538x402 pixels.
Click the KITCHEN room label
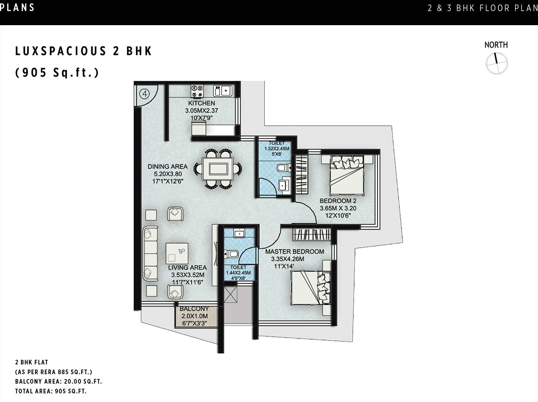pyautogui.click(x=201, y=103)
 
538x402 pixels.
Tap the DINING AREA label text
pyautogui.click(x=167, y=167)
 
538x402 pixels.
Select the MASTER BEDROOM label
pyautogui.click(x=294, y=251)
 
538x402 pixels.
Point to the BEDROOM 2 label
pyautogui.click(x=338, y=201)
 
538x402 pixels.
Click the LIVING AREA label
pyautogui.click(x=187, y=267)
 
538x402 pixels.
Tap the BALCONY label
pyautogui.click(x=194, y=309)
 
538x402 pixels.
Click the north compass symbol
pyautogui.click(x=496, y=63)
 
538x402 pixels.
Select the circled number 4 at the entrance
pyautogui.click(x=144, y=93)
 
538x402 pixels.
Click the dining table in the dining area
pyautogui.click(x=215, y=169)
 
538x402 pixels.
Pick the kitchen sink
pyautogui.click(x=222, y=91)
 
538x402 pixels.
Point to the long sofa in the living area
pyautogui.click(x=150, y=254)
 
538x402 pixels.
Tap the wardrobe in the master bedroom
pyautogui.click(x=311, y=234)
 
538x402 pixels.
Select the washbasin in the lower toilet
pyautogui.click(x=239, y=234)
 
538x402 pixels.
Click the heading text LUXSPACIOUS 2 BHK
pyautogui.click(x=84, y=51)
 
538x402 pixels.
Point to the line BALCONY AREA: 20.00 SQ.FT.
pyautogui.click(x=58, y=381)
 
